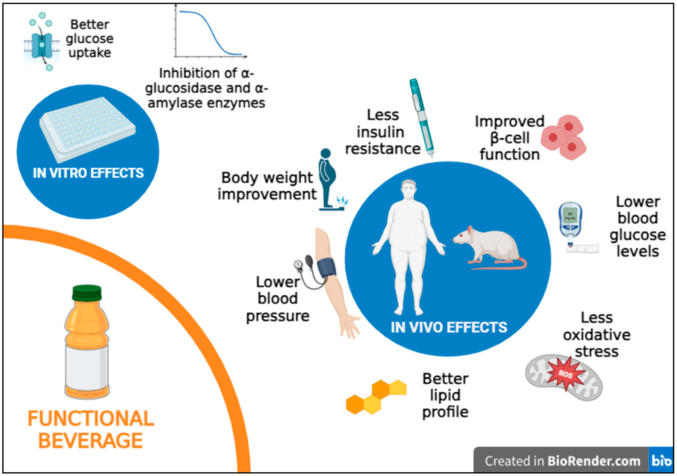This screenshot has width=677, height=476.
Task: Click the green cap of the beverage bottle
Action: coord(87,293)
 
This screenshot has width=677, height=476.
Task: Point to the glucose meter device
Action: coord(570,221)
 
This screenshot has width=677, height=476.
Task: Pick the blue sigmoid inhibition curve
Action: coord(211,32)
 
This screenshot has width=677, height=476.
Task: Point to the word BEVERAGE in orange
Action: coord(91,441)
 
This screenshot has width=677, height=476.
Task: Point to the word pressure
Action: coord(278,316)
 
